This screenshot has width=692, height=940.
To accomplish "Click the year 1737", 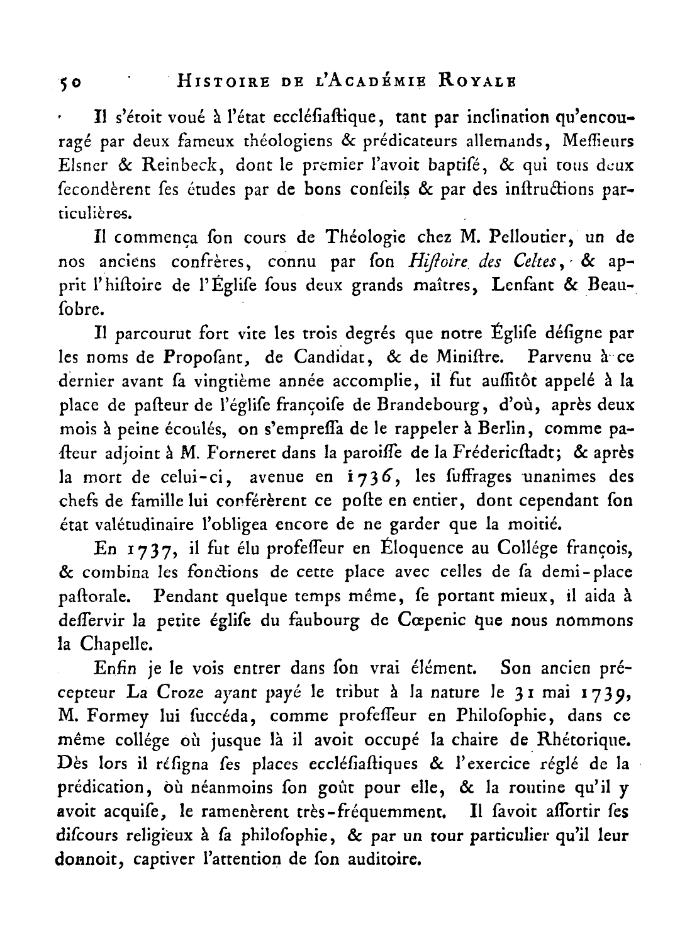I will (x=150, y=549).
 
